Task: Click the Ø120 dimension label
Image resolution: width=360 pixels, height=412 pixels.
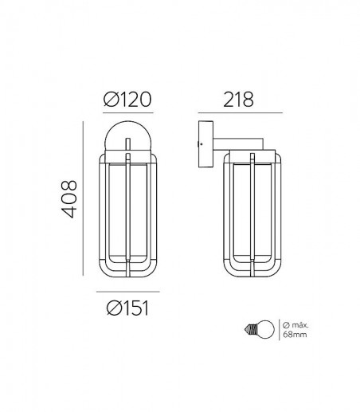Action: click(x=127, y=100)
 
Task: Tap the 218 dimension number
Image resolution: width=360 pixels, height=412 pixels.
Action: click(x=238, y=100)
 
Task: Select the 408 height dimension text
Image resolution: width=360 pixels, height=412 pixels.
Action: click(x=69, y=199)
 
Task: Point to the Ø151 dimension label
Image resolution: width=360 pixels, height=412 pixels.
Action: click(x=127, y=308)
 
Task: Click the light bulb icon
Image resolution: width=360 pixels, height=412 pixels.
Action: click(x=259, y=329)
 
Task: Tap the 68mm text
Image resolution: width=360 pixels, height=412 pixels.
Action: click(x=295, y=335)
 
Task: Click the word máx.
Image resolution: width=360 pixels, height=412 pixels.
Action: click(x=300, y=325)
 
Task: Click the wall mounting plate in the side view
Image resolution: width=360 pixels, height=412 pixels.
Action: click(x=205, y=144)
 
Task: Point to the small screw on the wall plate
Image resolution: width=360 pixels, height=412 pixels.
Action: click(x=201, y=144)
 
